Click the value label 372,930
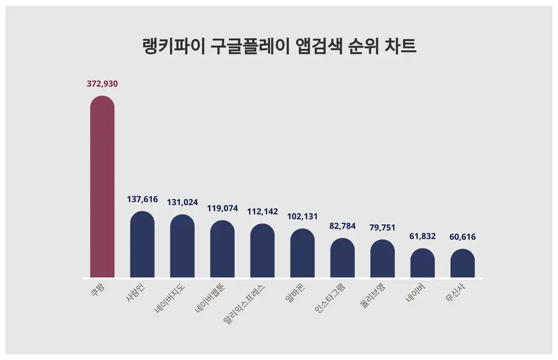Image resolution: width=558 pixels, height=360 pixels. pyautogui.click(x=102, y=83)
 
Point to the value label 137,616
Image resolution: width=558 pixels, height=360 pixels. pyautogui.click(x=142, y=200)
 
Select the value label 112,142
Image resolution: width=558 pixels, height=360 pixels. pyautogui.click(x=262, y=210)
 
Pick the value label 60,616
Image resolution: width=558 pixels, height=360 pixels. pyautogui.click(x=463, y=237)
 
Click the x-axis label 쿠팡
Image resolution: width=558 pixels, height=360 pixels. pyautogui.click(x=99, y=291)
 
